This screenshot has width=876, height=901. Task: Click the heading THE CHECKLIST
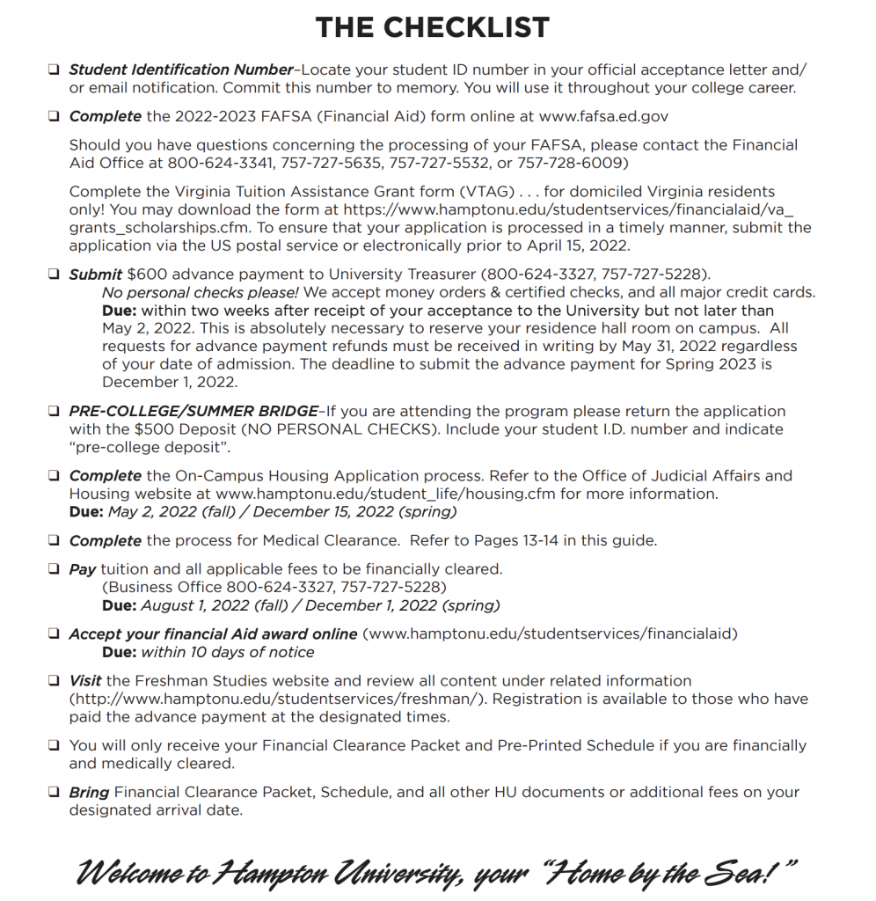point(432,27)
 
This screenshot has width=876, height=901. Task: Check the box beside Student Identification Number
point(54,70)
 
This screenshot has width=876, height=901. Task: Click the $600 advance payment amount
point(146,274)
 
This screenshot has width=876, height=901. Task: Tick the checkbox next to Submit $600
point(54,275)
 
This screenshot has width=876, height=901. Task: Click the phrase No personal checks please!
point(201,292)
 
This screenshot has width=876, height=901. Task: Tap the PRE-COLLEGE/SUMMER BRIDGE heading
point(193,411)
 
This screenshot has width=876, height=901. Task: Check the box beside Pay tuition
point(54,570)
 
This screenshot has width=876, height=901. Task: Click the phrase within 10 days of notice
point(227,652)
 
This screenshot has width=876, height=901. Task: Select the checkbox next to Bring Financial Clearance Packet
point(54,793)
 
